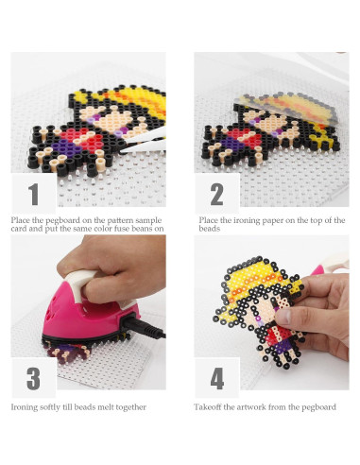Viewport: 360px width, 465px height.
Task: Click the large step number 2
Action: tap(217, 196)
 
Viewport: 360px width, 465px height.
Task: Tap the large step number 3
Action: tap(34, 379)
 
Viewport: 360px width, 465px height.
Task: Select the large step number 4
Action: tap(217, 379)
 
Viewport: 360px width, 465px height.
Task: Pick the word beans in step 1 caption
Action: tap(136, 229)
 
